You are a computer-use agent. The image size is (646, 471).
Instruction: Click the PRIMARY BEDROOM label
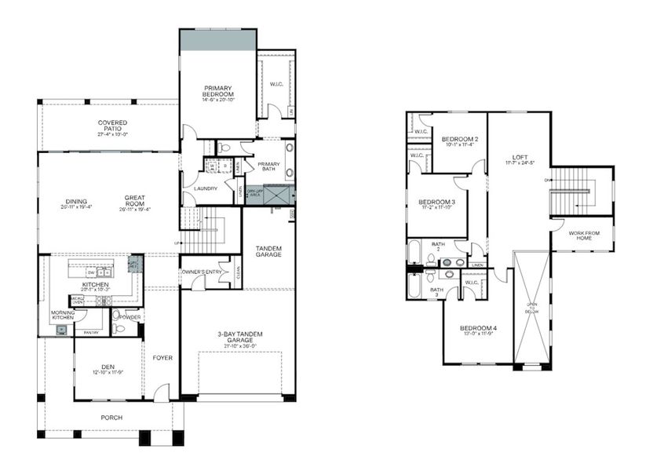(219, 91)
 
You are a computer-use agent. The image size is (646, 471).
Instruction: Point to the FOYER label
(162, 358)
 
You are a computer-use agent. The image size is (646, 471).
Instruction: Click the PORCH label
(111, 417)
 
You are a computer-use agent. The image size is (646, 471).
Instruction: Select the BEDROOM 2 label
(459, 140)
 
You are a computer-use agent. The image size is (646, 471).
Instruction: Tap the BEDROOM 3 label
(437, 202)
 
